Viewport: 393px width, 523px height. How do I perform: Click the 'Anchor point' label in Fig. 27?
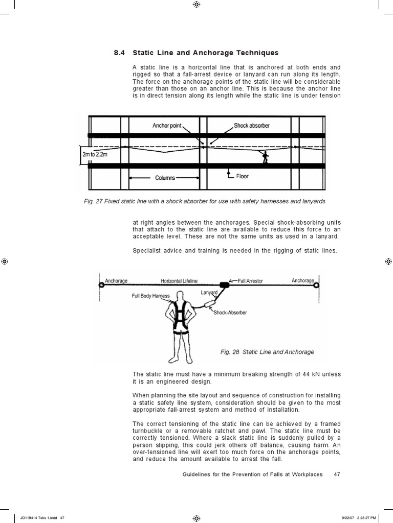click(x=167, y=125)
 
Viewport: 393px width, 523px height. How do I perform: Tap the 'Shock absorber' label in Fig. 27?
click(x=252, y=125)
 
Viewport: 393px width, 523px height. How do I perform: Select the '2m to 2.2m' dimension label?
click(x=95, y=155)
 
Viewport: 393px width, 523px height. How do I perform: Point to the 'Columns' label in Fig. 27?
click(x=164, y=178)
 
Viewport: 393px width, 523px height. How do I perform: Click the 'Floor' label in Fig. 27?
click(x=242, y=176)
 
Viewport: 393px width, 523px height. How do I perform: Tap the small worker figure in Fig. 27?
click(x=265, y=157)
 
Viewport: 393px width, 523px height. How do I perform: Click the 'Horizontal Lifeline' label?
click(x=179, y=280)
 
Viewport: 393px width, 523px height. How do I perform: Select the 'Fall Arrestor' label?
click(x=252, y=280)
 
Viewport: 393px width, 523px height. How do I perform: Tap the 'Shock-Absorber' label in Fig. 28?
click(x=230, y=313)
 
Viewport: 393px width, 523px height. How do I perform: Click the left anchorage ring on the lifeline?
click(x=101, y=285)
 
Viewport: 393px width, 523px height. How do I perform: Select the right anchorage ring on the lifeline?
click(x=317, y=285)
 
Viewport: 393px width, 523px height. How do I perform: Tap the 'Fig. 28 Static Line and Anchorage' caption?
click(x=267, y=352)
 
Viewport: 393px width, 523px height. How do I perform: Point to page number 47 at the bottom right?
click(x=337, y=474)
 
